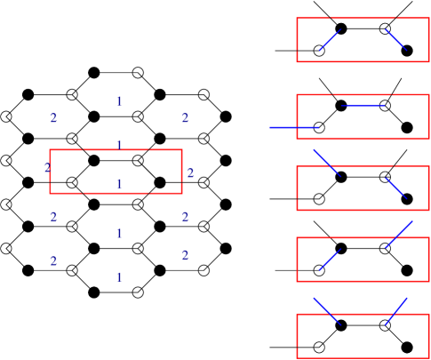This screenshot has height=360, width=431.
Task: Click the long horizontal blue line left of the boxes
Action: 294,128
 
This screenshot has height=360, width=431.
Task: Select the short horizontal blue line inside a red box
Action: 363,106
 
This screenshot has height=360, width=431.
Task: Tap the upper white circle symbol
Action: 204,139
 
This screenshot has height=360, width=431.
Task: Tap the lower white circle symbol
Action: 204,182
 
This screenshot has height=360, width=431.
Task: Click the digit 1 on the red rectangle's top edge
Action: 119,146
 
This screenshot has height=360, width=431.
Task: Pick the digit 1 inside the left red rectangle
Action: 119,184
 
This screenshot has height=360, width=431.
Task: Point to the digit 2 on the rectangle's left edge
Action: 48,168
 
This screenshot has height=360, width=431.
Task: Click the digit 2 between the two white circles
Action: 190,173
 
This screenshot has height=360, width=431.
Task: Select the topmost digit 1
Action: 119,102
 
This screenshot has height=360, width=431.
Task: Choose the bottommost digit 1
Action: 119,277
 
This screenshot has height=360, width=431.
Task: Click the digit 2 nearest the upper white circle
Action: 185,118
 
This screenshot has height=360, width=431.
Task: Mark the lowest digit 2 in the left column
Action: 53,261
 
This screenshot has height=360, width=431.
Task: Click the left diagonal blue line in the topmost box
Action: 330,40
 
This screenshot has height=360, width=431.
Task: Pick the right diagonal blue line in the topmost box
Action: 395,39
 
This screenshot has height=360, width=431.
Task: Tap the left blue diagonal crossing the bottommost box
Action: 326,311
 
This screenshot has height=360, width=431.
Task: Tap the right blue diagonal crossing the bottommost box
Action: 396,311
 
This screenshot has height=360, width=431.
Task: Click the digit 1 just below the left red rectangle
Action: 119,234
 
